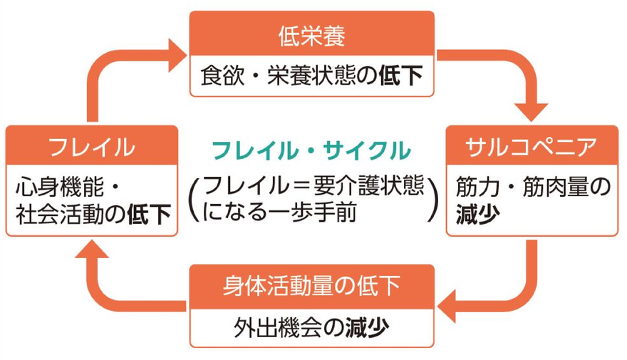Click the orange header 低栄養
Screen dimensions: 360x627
point(311,34)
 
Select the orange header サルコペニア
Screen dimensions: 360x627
point(531,148)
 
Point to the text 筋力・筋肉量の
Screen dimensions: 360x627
point(532,187)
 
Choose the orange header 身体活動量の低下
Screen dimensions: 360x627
point(311,286)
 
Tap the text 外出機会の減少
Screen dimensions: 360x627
point(311,327)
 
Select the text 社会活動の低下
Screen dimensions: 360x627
point(93,213)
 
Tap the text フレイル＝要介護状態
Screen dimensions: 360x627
point(313,186)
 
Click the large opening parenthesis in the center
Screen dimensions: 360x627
point(195,199)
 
